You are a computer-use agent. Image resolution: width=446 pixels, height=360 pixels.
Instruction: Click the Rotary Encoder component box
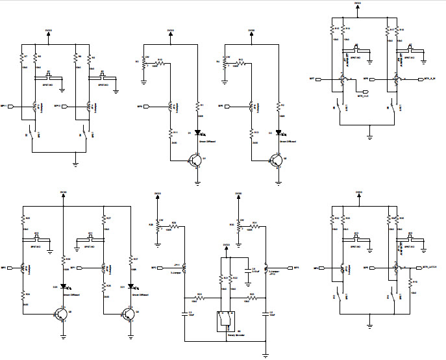point(225,319)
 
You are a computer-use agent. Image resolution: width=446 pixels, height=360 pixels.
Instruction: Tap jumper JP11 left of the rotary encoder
point(184,267)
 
